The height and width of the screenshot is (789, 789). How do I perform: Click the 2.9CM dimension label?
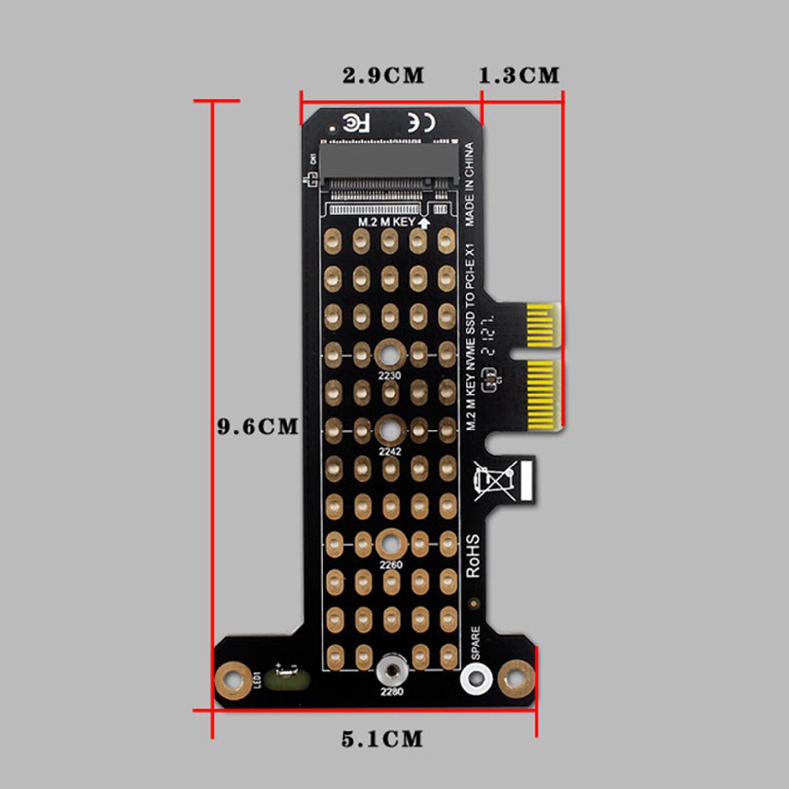click(383, 75)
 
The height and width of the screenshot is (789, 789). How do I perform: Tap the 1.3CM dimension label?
click(519, 75)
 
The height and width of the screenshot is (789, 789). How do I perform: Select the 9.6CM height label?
click(258, 427)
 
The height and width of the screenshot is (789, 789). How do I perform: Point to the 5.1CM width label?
click(382, 739)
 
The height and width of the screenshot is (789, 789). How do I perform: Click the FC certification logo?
click(356, 123)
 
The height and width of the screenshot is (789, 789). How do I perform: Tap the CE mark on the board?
click(422, 123)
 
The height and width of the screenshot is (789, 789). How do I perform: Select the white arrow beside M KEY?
click(424, 223)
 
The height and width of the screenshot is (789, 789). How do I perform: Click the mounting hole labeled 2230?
click(390, 354)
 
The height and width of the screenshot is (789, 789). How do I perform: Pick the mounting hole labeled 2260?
click(392, 544)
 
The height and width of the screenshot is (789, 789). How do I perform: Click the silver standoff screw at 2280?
click(392, 671)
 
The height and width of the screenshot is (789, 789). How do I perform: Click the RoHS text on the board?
click(473, 556)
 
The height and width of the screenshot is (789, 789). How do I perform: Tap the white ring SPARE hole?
click(476, 679)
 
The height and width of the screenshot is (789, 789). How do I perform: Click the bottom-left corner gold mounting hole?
click(233, 681)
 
